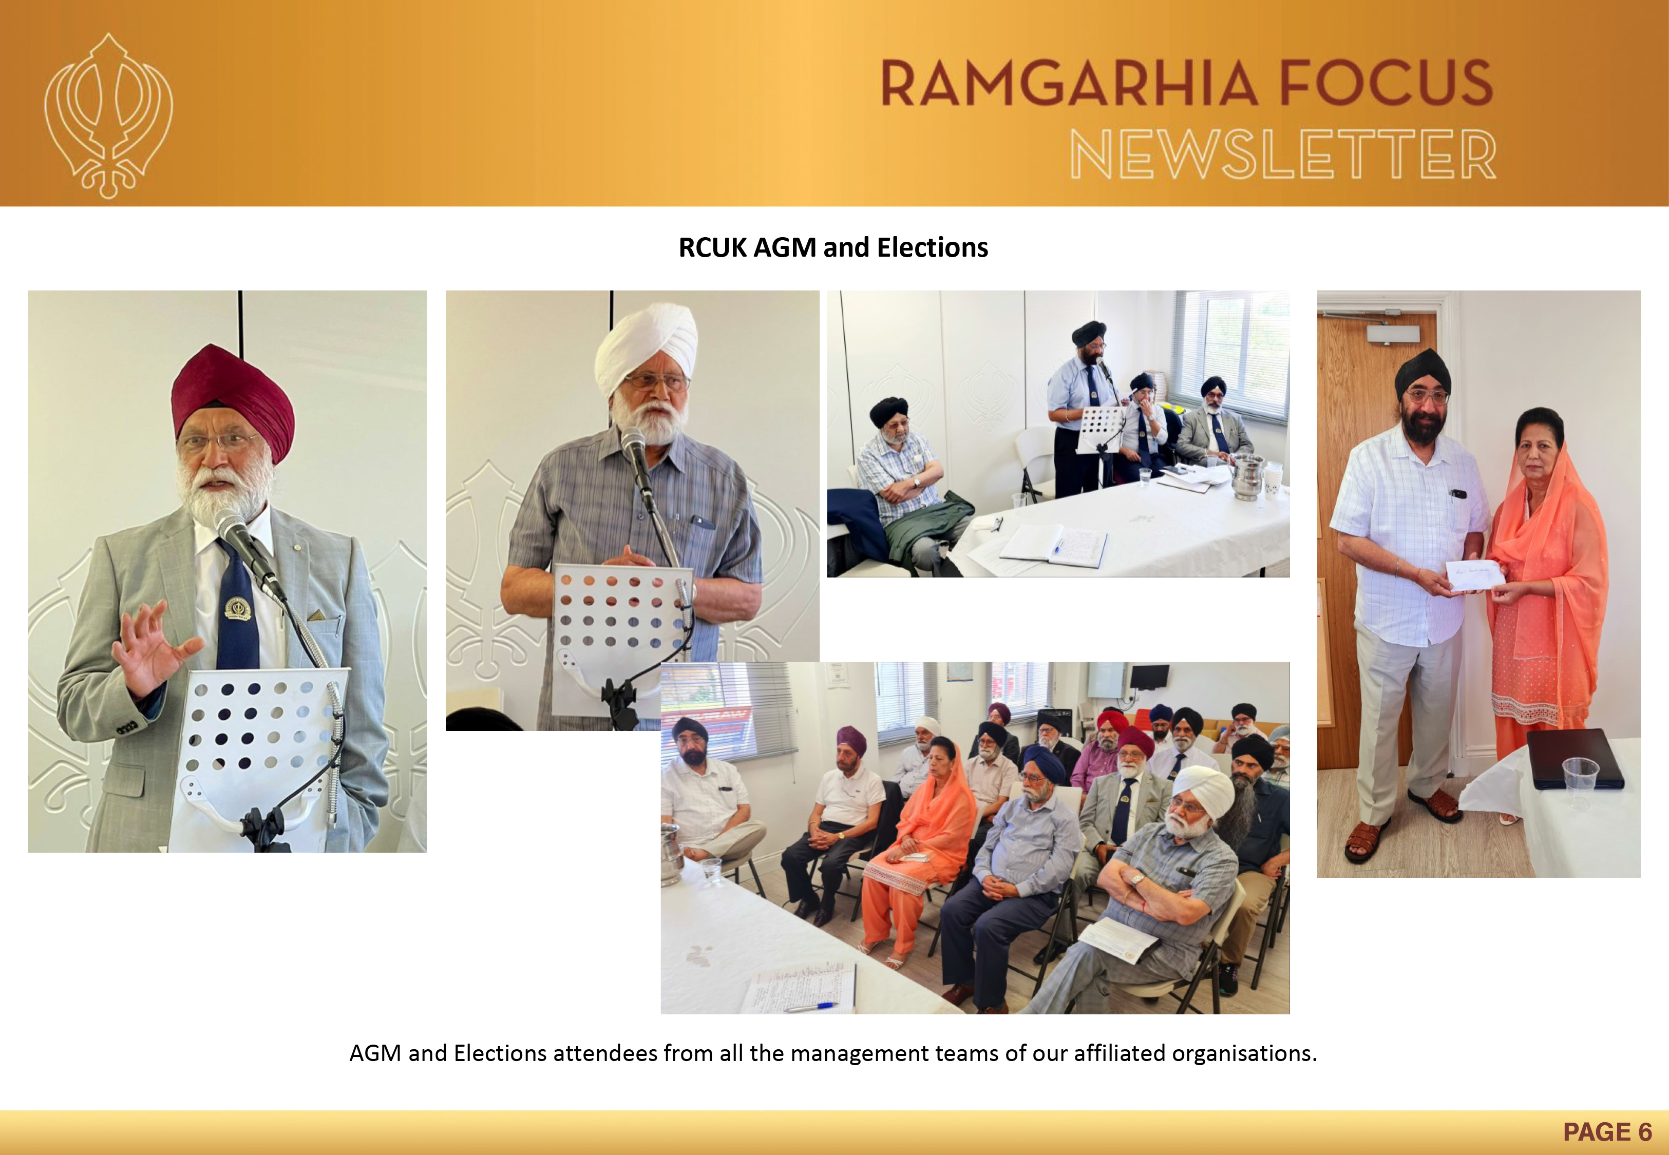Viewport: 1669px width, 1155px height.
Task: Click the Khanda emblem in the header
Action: pos(108,116)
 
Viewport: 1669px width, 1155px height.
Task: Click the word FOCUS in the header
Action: pos(1386,83)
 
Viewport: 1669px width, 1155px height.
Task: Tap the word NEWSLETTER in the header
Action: pos(1282,154)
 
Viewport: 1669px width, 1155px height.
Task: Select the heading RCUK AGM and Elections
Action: pos(833,247)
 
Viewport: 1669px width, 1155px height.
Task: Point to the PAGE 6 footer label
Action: pos(1607,1132)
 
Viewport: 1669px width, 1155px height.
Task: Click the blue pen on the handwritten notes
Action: pos(810,1005)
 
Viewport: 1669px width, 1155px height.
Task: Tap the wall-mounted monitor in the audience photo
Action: pos(1149,677)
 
